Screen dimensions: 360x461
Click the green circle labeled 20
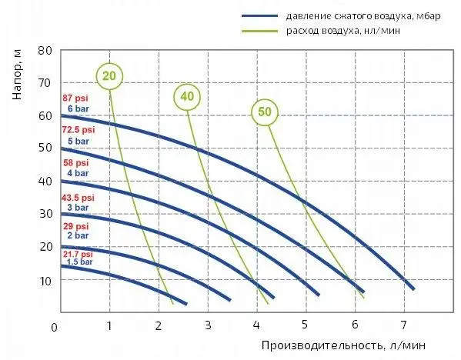pyautogui.click(x=110, y=75)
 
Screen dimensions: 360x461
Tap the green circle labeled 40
pyautogui.click(x=185, y=96)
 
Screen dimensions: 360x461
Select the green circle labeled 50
pyautogui.click(x=265, y=112)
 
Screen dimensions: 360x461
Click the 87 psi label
pyautogui.click(x=77, y=98)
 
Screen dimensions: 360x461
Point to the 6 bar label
pyautogui.click(x=79, y=109)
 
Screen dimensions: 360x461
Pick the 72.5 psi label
pyautogui.click(x=77, y=132)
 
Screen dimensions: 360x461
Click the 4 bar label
pyautogui.click(x=79, y=174)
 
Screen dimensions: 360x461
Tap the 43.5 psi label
pyautogui.click(x=77, y=197)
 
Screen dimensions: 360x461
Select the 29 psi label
pyautogui.click(x=75, y=226)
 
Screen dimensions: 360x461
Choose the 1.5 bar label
pyautogui.click(x=79, y=262)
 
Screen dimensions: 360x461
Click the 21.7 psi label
pyautogui.click(x=77, y=254)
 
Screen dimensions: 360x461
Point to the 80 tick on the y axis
pyautogui.click(x=45, y=50)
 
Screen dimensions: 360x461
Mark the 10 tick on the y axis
pyautogui.click(x=45, y=280)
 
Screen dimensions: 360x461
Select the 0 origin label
pyautogui.click(x=54, y=327)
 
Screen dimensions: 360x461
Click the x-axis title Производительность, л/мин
pyautogui.click(x=342, y=345)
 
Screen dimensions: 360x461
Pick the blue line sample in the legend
pyautogui.click(x=262, y=15)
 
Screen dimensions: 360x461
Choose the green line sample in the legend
pyautogui.click(x=262, y=30)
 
